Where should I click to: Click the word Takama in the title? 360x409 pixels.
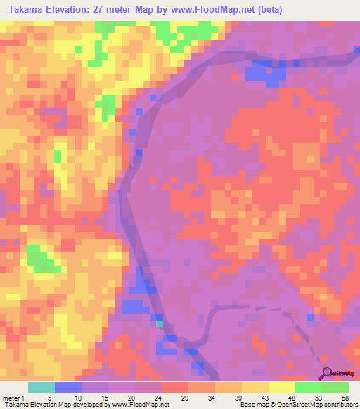[x=22, y=8]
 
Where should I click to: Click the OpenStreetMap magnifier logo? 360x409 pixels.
[x=327, y=374]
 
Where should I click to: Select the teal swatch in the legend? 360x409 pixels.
[x=41, y=387]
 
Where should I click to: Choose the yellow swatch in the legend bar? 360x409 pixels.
[x=255, y=387]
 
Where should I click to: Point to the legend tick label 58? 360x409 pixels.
[x=345, y=397]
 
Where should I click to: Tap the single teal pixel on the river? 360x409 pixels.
[x=160, y=325]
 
